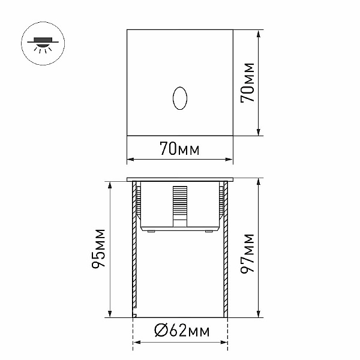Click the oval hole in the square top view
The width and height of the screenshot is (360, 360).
(x=179, y=100)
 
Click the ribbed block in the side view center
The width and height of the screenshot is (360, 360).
(x=179, y=204)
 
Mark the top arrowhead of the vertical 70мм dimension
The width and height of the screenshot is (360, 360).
(x=259, y=32)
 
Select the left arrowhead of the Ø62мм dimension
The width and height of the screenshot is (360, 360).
(x=134, y=343)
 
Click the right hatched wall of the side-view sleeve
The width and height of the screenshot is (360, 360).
(x=226, y=252)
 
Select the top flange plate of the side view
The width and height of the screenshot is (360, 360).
(x=179, y=179)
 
